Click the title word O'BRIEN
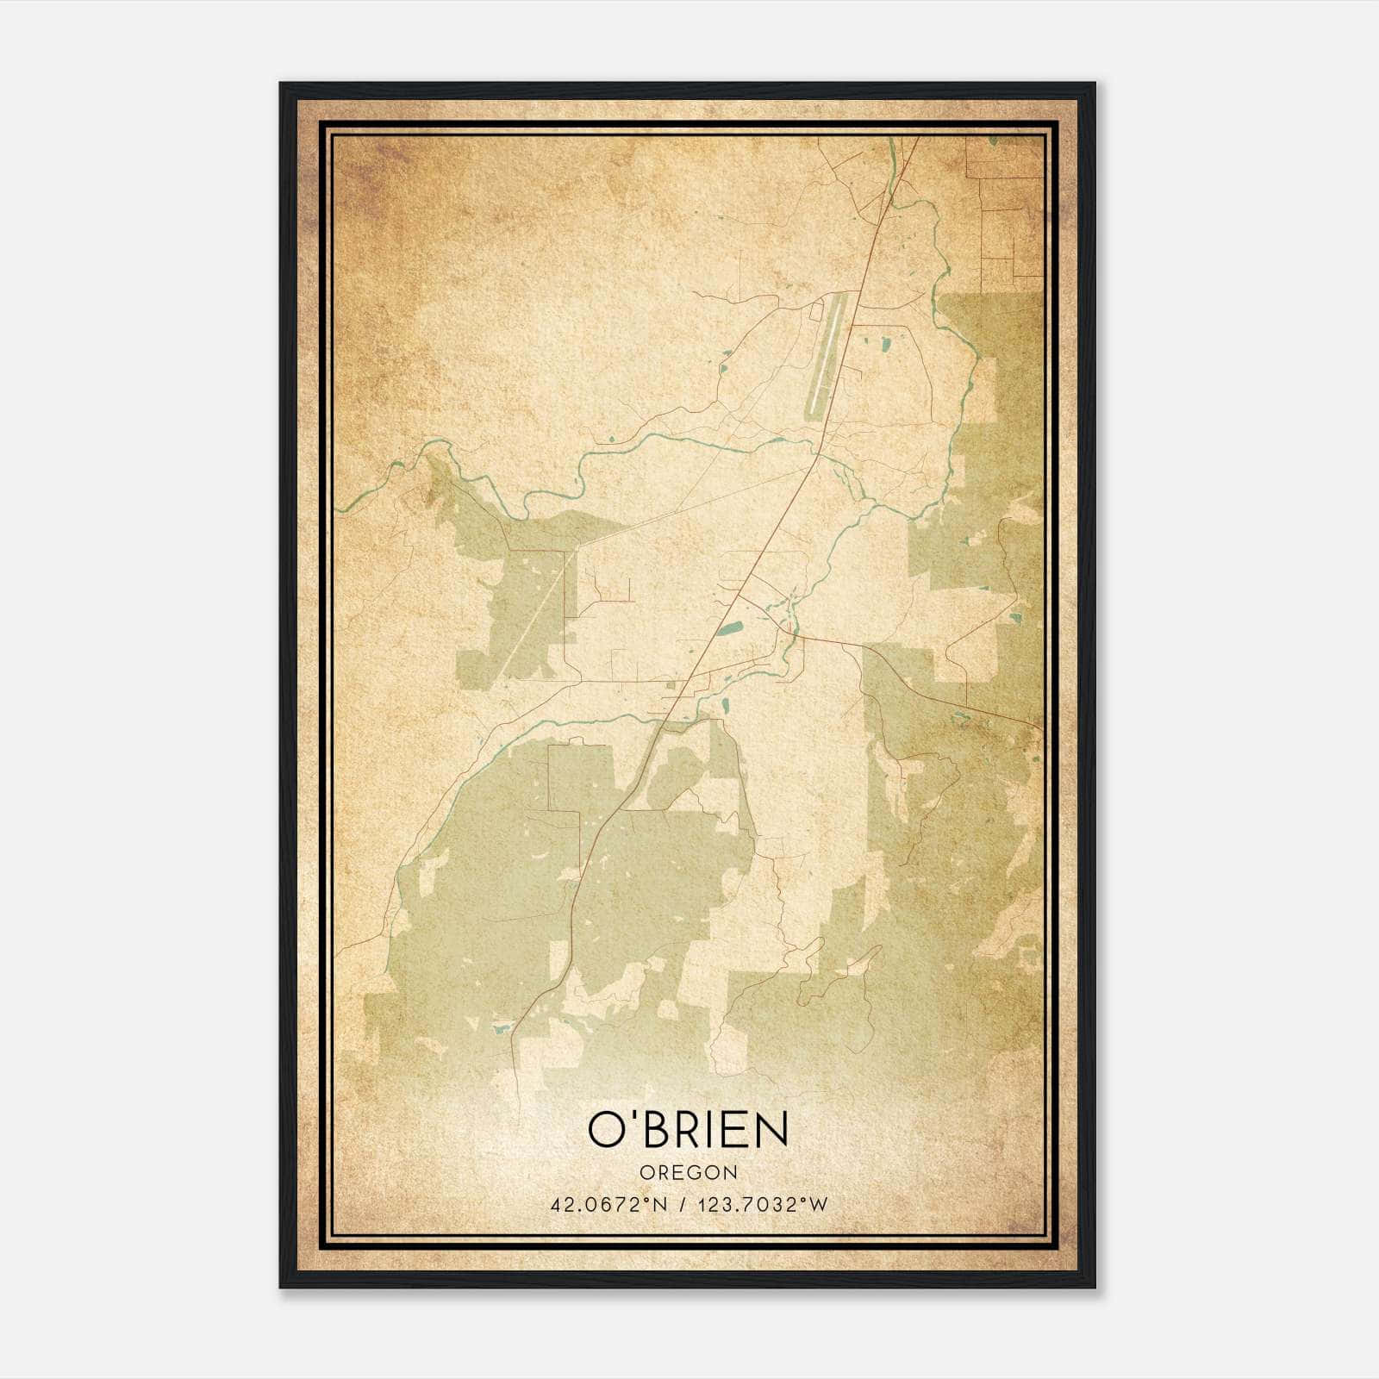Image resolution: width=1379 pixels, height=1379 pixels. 688,1129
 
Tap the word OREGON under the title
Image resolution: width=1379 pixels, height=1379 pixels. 689,1173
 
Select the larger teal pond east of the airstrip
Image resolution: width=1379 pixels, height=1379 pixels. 885,348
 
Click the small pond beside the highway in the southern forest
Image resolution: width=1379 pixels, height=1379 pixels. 500,1027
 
